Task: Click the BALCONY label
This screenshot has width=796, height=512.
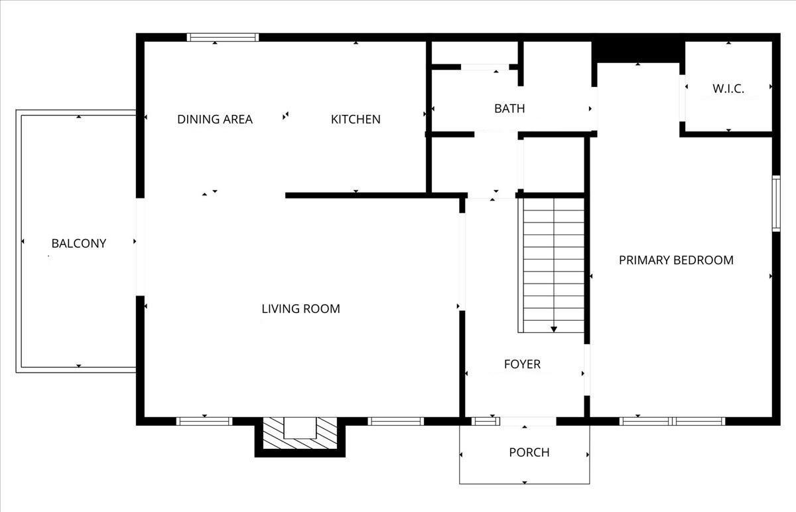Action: (x=79, y=243)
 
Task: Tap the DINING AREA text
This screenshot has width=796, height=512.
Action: (x=215, y=119)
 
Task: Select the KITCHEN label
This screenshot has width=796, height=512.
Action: (x=356, y=119)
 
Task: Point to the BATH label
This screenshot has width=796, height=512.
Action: (x=509, y=108)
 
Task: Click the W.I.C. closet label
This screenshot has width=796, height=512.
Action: (x=728, y=88)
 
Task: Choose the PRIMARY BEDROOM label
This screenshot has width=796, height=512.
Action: (x=676, y=260)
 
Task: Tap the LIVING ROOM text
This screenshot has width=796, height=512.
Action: (x=300, y=309)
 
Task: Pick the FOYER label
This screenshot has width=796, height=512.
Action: (x=523, y=364)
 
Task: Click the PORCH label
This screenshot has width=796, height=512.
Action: (x=529, y=452)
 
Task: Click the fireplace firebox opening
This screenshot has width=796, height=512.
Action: (x=300, y=428)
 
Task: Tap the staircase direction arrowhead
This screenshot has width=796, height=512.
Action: (x=554, y=329)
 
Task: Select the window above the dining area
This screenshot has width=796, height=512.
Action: (x=223, y=37)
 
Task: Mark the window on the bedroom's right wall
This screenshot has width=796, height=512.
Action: (x=777, y=203)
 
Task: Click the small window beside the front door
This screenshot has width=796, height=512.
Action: (x=486, y=421)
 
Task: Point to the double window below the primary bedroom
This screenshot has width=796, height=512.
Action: (x=673, y=421)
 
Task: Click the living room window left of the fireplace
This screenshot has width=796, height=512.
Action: (x=204, y=421)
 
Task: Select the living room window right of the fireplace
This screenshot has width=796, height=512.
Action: (x=396, y=421)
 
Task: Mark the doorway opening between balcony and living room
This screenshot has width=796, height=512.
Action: (x=141, y=247)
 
